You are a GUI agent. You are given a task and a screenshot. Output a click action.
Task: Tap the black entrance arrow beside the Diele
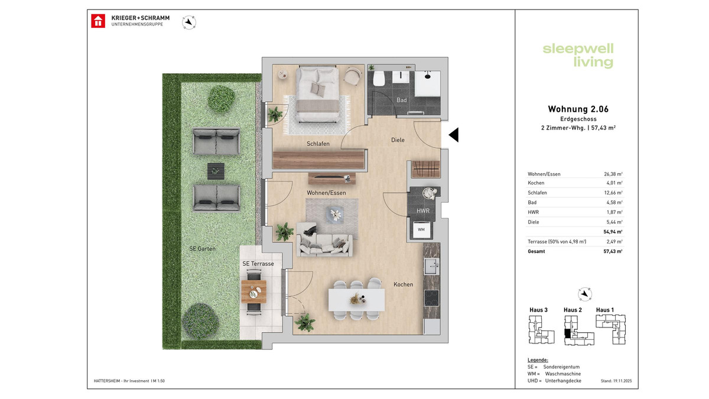454,135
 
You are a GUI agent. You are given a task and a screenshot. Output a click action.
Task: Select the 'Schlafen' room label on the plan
318,144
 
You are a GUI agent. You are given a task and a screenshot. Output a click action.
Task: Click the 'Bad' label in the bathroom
402,100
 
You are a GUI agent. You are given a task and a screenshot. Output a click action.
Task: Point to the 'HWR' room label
422,210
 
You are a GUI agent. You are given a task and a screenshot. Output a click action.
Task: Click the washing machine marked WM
421,228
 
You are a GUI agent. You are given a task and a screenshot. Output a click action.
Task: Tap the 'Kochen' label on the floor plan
403,284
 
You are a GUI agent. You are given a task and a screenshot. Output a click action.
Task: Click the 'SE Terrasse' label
258,264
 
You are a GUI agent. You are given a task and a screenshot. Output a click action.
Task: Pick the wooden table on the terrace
253,290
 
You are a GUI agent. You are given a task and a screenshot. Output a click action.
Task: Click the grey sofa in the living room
324,241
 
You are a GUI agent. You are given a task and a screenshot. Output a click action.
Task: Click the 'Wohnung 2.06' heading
578,109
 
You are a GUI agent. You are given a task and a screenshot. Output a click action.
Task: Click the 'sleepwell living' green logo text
578,56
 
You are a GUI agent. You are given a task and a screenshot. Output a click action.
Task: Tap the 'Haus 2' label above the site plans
573,310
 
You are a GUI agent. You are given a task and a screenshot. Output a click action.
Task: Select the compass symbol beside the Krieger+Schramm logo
189,22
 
